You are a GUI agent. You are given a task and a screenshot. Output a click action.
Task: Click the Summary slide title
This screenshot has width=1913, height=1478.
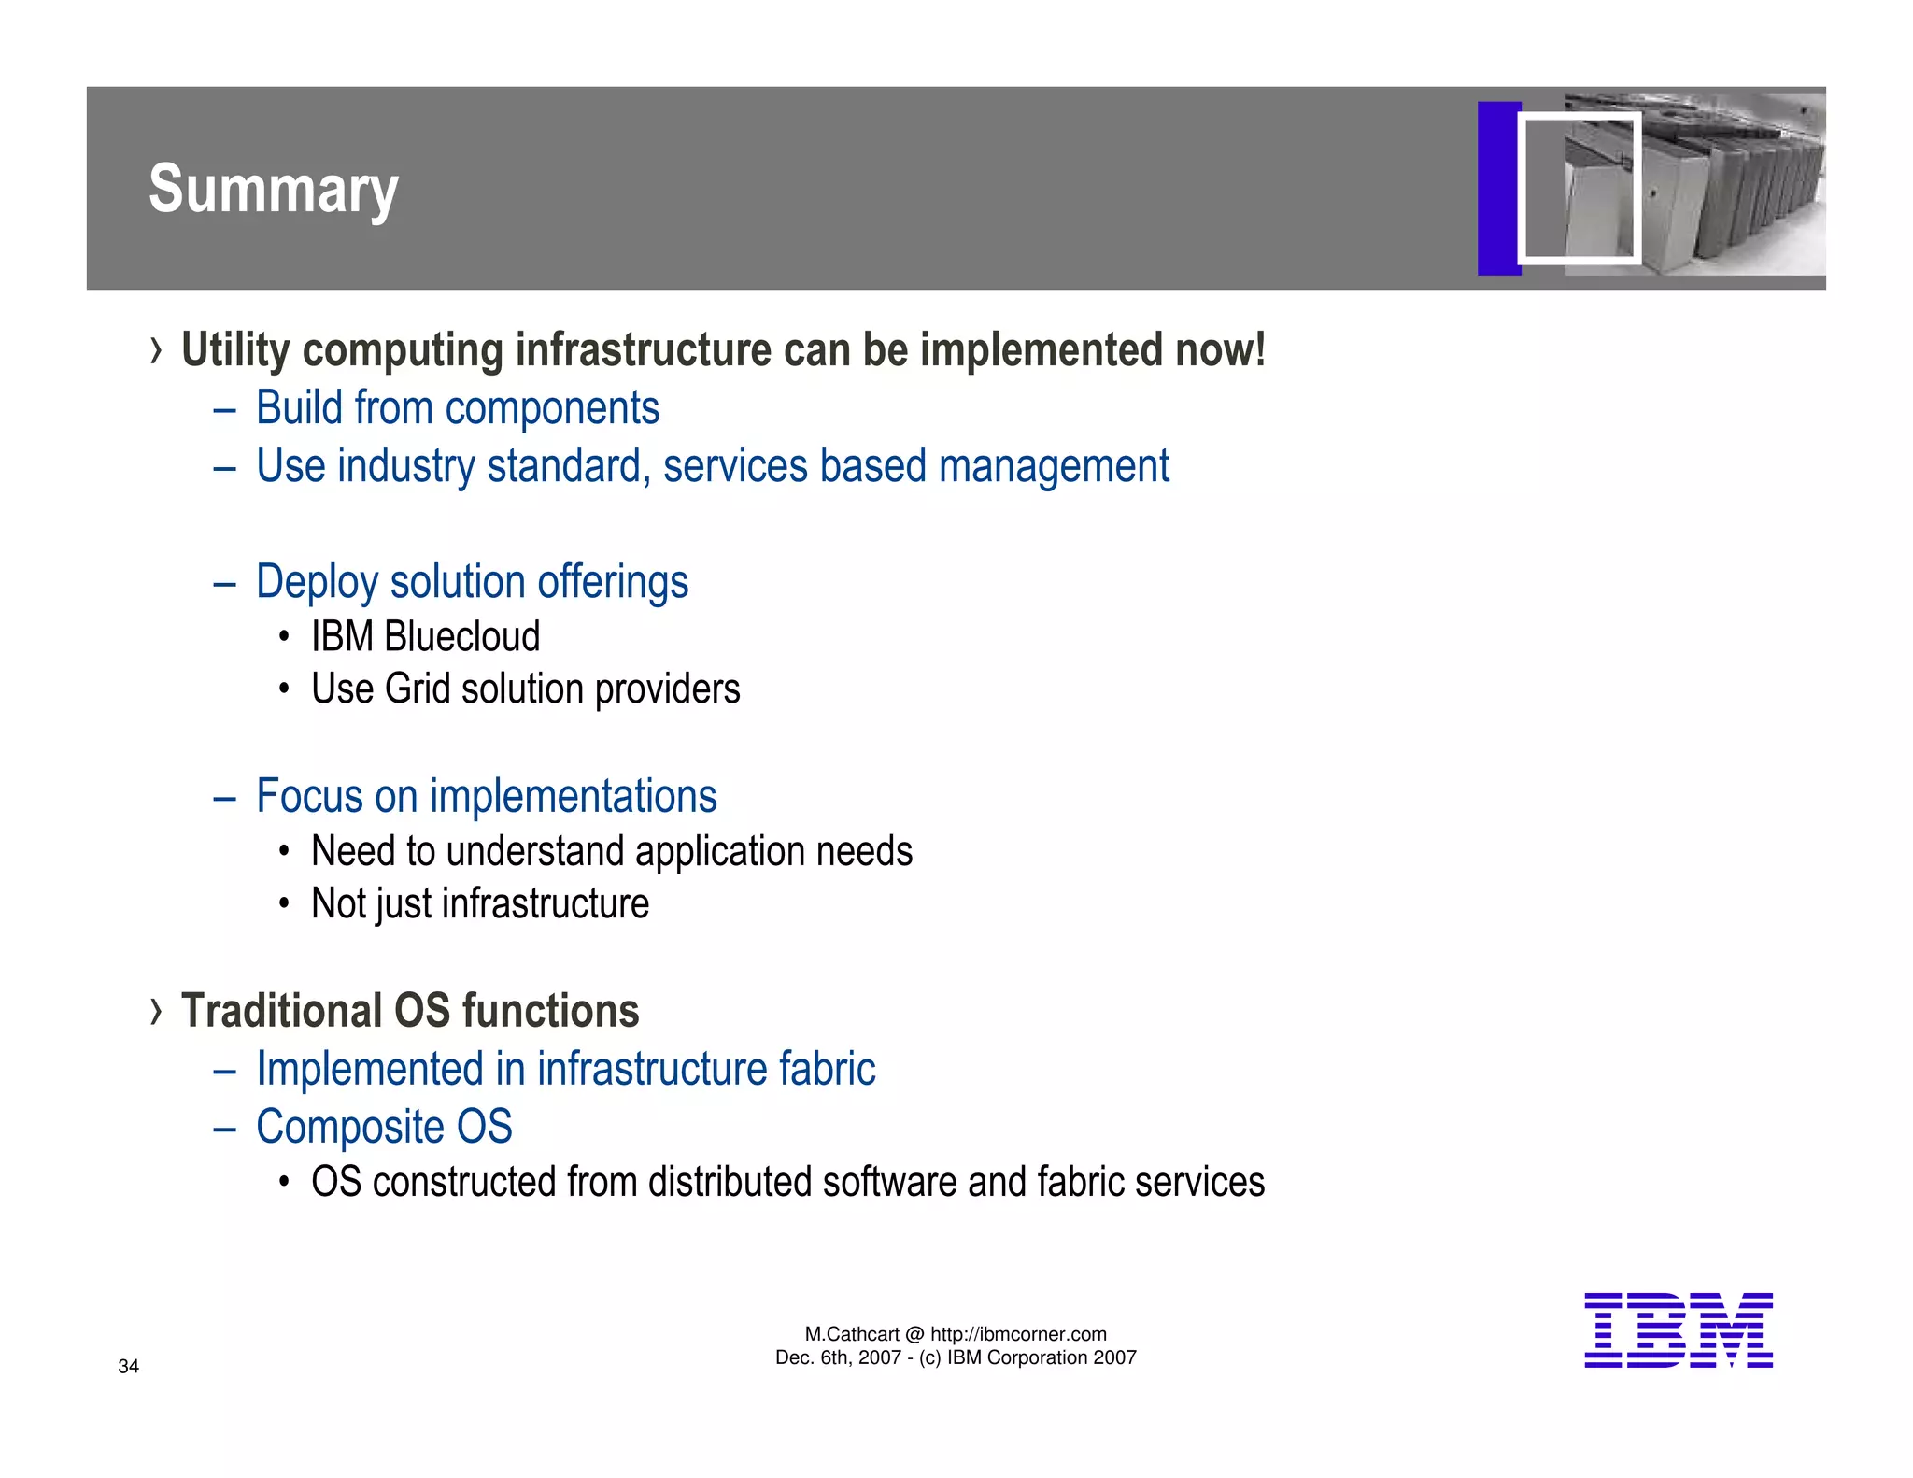pyautogui.click(x=273, y=190)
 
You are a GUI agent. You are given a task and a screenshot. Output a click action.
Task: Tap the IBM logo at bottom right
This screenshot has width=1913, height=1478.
pyautogui.click(x=1678, y=1330)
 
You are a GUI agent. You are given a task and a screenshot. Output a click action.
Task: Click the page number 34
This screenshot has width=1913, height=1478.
pyautogui.click(x=128, y=1366)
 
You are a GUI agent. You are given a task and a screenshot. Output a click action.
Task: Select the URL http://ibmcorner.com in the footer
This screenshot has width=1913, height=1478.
pyautogui.click(x=1018, y=1334)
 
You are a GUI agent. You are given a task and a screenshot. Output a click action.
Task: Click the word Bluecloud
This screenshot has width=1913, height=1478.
pyautogui.click(x=461, y=637)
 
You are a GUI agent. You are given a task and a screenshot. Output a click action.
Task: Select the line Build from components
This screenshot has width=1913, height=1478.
pyautogui.click(x=458, y=408)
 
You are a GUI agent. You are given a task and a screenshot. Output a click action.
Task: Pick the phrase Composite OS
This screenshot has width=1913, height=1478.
pyautogui.click(x=384, y=1127)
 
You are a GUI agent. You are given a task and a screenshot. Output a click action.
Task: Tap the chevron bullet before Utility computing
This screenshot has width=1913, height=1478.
pyautogui.click(x=156, y=351)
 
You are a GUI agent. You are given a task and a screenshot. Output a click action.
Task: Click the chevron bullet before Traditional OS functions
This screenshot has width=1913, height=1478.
pyautogui.click(x=156, y=1011)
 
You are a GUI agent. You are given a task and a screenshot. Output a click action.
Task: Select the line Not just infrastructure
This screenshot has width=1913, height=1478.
pyautogui.click(x=480, y=904)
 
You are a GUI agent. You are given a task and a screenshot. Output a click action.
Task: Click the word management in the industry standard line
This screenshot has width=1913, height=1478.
pyautogui.click(x=1053, y=466)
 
